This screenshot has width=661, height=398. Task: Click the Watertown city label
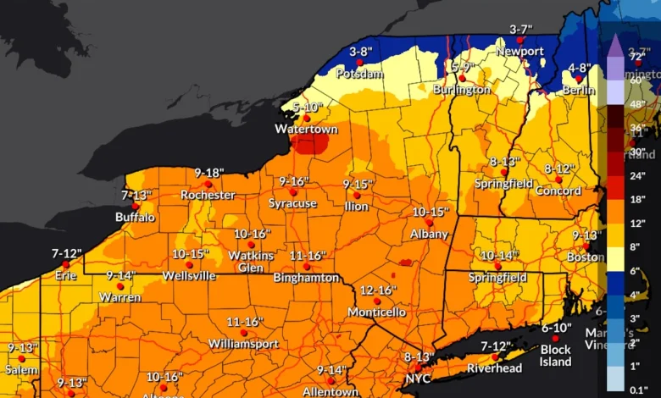306,130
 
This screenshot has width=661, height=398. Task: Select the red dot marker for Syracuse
292,192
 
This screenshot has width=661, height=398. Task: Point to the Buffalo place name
135,218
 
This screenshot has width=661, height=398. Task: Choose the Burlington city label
461,89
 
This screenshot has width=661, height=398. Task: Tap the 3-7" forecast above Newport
520,29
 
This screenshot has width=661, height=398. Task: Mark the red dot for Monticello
377,301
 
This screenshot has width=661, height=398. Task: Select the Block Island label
555,356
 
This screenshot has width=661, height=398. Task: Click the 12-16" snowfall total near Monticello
378,290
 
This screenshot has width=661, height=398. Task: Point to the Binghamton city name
306,278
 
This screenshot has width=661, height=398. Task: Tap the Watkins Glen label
251,262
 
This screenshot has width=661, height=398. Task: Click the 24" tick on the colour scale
638,176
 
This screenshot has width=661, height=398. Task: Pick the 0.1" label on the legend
638,390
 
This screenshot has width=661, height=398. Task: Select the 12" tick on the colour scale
638,222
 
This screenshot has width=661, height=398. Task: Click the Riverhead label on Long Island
495,368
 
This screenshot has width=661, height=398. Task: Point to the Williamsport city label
244,344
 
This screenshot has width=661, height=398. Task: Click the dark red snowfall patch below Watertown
311,144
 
